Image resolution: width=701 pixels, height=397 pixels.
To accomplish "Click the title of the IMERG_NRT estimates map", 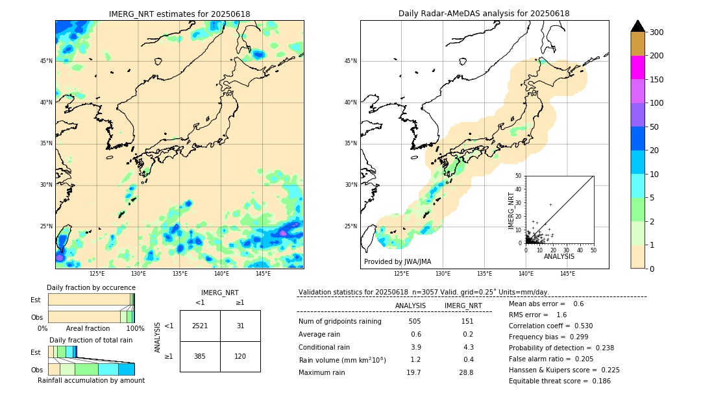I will pyautogui.click(x=179, y=14).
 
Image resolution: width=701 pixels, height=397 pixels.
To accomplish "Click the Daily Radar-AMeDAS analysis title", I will pyautogui.click(x=484, y=14).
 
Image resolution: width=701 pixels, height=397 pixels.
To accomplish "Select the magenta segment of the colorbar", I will pyautogui.click(x=637, y=67).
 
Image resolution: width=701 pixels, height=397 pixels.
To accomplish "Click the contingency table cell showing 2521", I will pyautogui.click(x=200, y=326).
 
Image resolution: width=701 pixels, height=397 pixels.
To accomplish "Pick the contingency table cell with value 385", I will pyautogui.click(x=200, y=356).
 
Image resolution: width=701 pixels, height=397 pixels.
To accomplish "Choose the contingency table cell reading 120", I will pyautogui.click(x=240, y=356).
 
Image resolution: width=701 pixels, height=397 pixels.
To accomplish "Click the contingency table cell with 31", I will pyautogui.click(x=240, y=326).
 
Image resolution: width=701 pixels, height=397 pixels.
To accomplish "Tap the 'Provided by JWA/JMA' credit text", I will pyautogui.click(x=397, y=262).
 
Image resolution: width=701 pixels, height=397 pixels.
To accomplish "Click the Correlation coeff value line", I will pyautogui.click(x=550, y=326).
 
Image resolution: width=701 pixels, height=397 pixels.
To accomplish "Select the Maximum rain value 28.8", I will pyautogui.click(x=466, y=372).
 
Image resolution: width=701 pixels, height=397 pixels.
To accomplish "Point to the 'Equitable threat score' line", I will pyautogui.click(x=560, y=381).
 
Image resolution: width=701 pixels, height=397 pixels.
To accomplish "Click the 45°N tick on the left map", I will pyautogui.click(x=46, y=61).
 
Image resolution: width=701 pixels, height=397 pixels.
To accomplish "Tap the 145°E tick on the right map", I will pyautogui.click(x=567, y=274).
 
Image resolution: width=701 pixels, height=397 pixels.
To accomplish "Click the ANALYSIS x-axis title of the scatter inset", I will pyautogui.click(x=559, y=256).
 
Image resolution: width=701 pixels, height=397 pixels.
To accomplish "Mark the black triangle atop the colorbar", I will pyautogui.click(x=637, y=26).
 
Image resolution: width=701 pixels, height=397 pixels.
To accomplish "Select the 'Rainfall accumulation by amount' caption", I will pyautogui.click(x=91, y=381).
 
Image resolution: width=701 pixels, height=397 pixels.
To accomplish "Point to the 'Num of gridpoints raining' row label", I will pyautogui.click(x=340, y=321).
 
